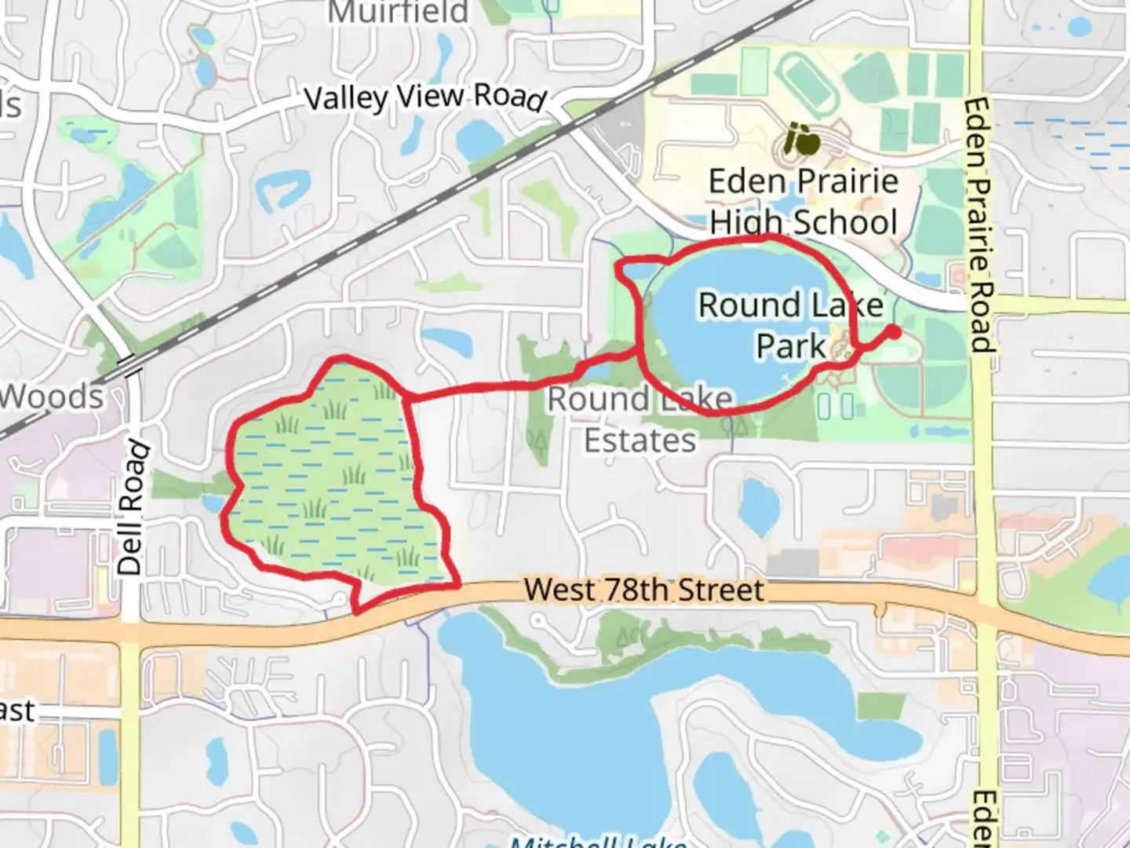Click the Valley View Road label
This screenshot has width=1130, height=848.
click(425, 97)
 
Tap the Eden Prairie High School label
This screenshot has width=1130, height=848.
click(803, 202)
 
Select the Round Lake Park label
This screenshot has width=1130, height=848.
click(790, 325)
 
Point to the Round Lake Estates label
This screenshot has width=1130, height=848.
click(640, 420)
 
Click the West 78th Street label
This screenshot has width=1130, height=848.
click(643, 590)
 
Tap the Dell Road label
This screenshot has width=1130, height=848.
click(132, 508)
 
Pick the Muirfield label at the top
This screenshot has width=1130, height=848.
click(398, 12)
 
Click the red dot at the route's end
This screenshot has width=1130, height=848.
click(893, 332)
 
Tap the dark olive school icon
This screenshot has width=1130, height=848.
click(802, 141)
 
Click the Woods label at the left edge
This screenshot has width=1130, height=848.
click(52, 397)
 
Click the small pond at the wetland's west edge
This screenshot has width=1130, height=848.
click(213, 503)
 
